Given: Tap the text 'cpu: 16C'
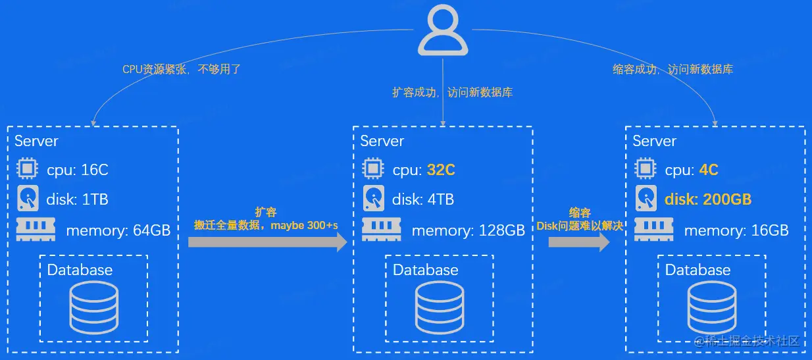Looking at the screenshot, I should click(78, 170).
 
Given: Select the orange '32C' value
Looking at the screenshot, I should click(441, 170).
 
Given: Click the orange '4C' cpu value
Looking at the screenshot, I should click(709, 170).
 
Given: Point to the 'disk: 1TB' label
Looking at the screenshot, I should click(78, 199).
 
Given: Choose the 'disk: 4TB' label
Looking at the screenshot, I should click(424, 199).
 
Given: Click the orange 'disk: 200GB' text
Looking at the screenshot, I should click(708, 199).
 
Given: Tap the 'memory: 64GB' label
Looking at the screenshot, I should click(118, 230).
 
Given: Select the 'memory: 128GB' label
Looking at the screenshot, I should click(468, 230).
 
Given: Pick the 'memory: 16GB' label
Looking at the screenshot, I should click(736, 230).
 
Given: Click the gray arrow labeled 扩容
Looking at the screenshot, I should click(267, 242).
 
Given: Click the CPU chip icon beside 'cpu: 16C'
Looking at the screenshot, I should click(27, 169).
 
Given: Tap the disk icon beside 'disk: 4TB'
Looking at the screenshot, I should click(373, 198).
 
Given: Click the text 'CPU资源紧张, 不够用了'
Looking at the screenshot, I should click(182, 69).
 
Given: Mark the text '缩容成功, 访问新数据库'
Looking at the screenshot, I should click(672, 69).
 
